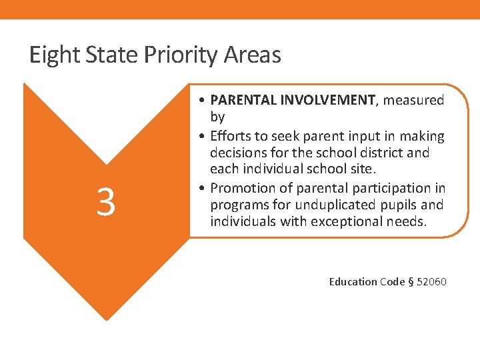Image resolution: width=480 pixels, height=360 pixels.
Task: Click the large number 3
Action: (x=105, y=202)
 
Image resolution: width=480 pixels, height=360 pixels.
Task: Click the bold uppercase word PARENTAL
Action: (x=243, y=100)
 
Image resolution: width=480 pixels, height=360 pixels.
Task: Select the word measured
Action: (x=413, y=100)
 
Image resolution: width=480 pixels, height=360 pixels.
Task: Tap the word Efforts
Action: (x=231, y=136)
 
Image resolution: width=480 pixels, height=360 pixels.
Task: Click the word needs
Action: (x=407, y=221)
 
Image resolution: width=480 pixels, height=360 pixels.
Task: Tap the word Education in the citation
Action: (x=353, y=282)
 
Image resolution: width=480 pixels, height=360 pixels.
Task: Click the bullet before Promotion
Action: (x=201, y=188)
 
